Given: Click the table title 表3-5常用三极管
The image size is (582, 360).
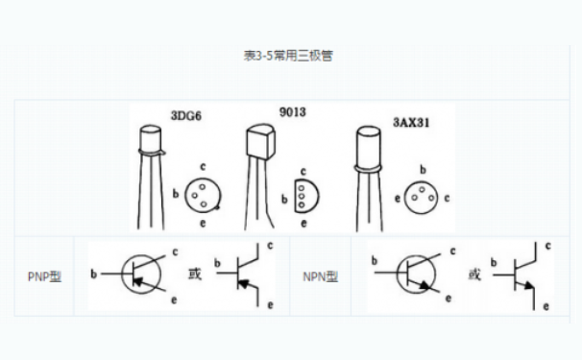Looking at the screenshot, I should [x=288, y=56].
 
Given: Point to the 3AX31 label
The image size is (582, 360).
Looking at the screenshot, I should [x=413, y=123].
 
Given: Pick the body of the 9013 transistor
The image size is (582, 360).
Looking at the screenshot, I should [x=260, y=142].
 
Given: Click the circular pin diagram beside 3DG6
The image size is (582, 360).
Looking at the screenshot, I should [x=202, y=194].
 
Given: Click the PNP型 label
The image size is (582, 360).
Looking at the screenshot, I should [x=43, y=276].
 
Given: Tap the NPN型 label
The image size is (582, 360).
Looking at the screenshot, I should [x=320, y=276].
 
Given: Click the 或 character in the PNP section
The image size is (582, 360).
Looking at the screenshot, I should [x=194, y=275].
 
